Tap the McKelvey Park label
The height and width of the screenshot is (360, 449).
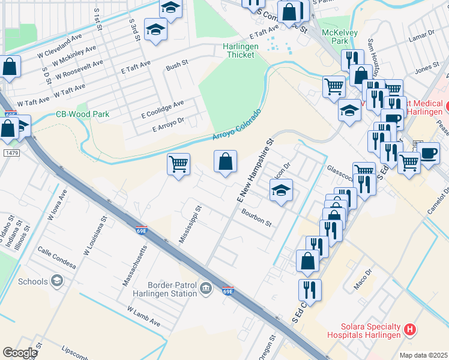[335, 36]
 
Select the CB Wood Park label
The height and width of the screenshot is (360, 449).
[79, 114]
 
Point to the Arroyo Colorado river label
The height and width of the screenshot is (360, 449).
[237, 125]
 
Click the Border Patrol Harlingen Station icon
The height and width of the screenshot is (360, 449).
[206, 289]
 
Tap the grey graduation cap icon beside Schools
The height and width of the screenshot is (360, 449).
[57, 281]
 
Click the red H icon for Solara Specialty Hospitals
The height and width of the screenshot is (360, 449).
[410, 329]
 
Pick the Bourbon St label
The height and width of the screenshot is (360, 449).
[257, 217]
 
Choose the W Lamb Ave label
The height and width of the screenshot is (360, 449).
[143, 316]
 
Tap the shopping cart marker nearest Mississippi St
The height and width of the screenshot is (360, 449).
[178, 164]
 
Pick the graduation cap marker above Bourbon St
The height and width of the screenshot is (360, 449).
[280, 191]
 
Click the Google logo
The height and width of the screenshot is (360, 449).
[20, 353]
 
